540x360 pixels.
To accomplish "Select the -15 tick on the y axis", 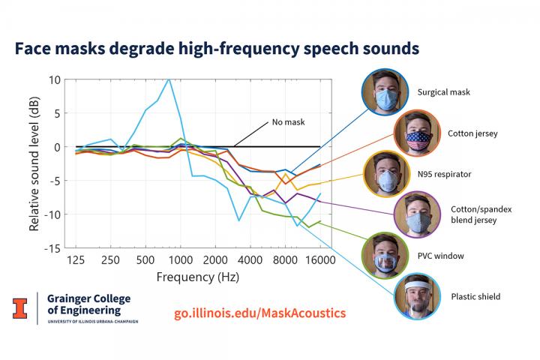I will [54, 248].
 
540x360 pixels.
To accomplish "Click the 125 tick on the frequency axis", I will [76, 260].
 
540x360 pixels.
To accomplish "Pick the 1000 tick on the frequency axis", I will [180, 260].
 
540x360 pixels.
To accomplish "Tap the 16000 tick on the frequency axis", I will [319, 260].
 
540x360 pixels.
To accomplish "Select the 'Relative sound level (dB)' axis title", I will [34, 163].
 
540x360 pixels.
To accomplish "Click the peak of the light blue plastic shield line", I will [169, 79].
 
